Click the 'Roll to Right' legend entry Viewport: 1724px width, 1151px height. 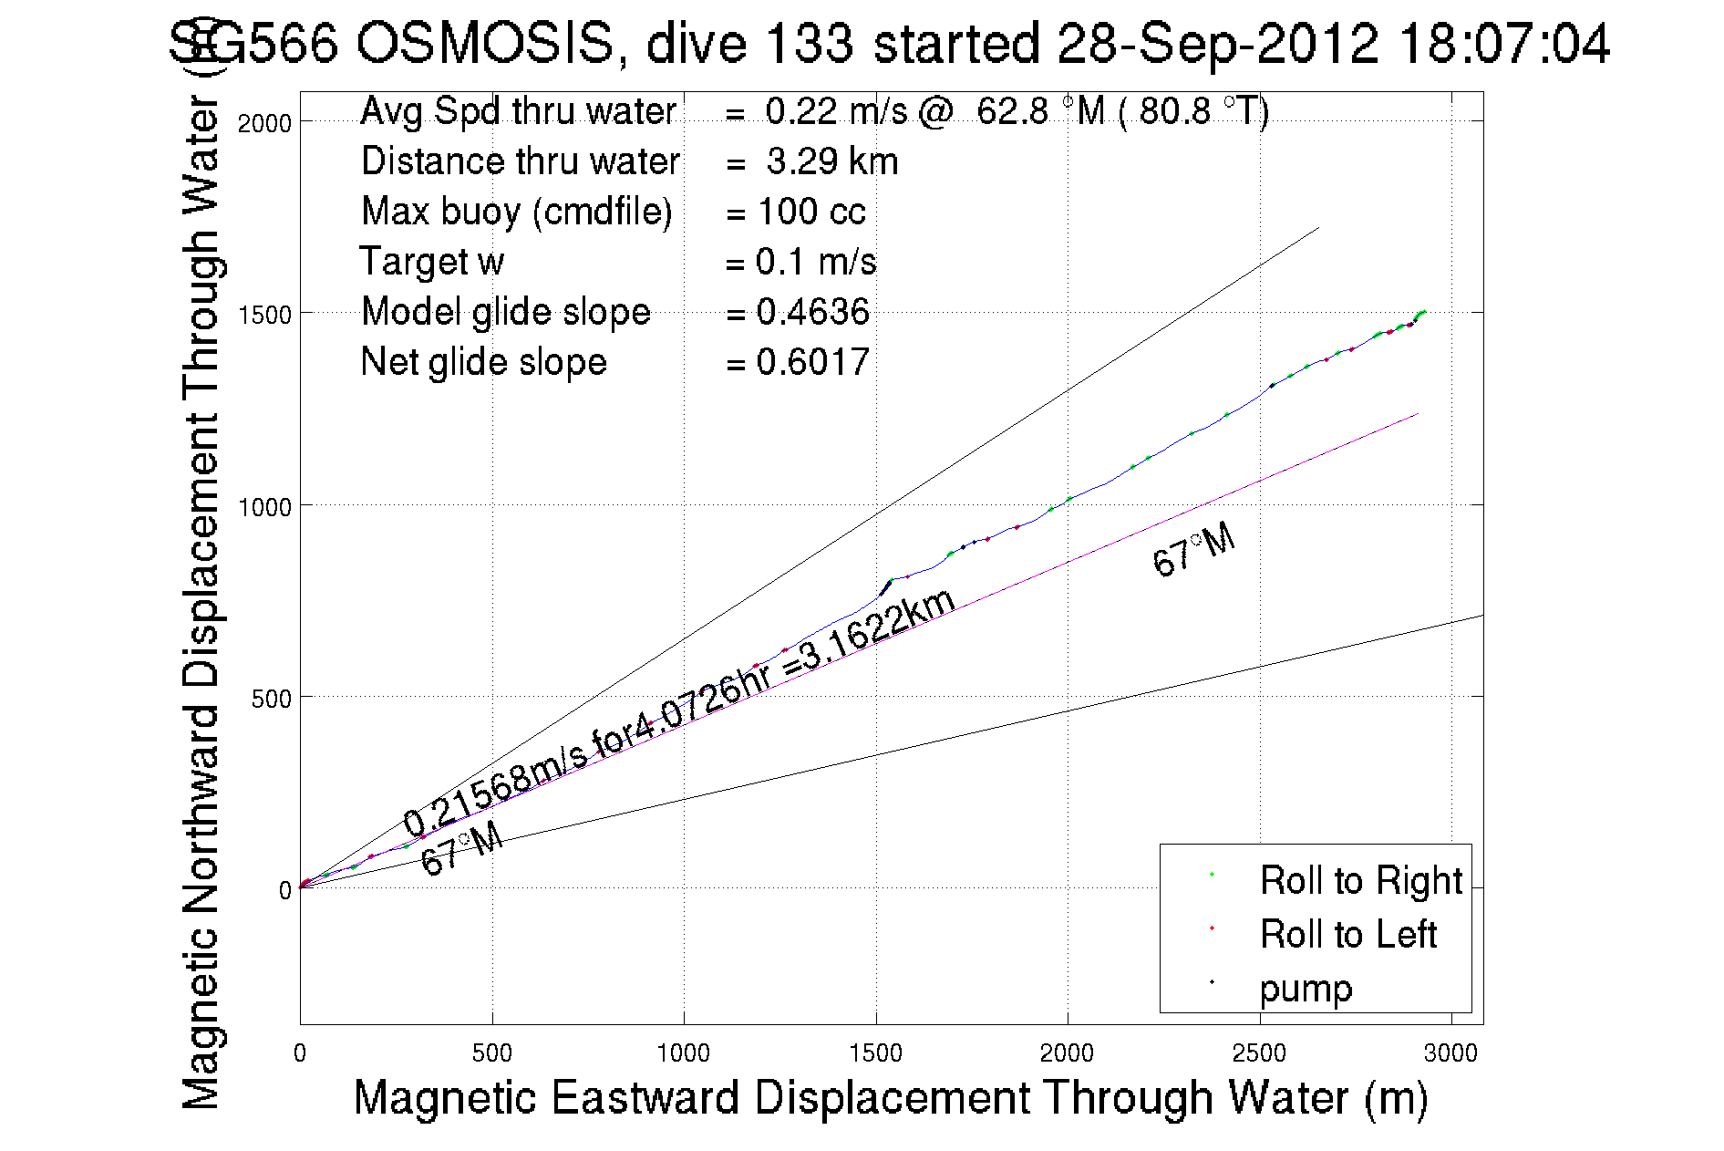point(1360,881)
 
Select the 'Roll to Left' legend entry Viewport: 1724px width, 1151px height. point(1347,935)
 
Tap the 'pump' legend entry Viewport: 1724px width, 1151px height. point(1306,989)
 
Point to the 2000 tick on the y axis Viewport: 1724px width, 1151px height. point(264,123)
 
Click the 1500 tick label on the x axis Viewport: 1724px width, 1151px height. point(875,1053)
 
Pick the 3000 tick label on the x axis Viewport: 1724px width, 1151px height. point(1450,1053)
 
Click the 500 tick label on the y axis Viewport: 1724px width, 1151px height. point(271,699)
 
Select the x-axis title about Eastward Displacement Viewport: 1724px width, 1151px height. point(890,1097)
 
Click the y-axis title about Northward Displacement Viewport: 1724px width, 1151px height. point(202,602)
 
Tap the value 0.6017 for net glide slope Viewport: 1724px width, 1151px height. point(812,363)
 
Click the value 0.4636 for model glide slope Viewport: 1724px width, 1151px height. point(812,312)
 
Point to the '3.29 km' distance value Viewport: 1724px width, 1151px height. point(831,161)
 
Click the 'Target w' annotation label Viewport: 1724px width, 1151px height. point(431,262)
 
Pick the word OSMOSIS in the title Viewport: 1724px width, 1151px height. point(483,44)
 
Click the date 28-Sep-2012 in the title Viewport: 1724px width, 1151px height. point(1217,44)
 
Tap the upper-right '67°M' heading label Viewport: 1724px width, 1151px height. point(1193,551)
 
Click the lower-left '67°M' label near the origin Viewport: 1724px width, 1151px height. point(461,849)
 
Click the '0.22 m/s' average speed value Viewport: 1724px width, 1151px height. point(836,111)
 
